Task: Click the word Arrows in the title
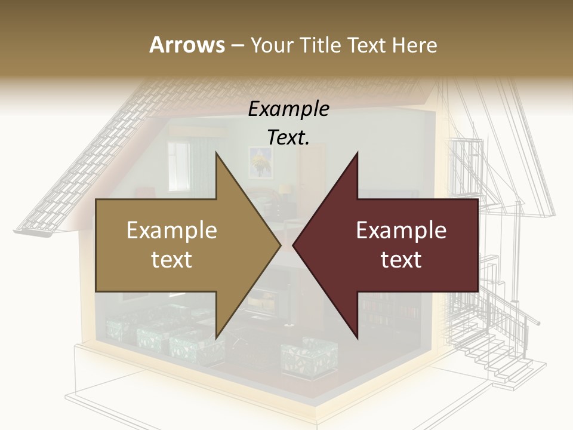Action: click(187, 45)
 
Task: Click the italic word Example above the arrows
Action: click(288, 109)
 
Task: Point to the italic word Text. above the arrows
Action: click(288, 138)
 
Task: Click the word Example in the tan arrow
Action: click(171, 231)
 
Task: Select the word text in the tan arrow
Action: click(171, 260)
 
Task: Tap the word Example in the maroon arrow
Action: click(401, 231)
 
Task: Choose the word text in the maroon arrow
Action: click(401, 260)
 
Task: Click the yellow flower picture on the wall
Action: click(260, 161)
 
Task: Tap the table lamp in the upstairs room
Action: click(286, 190)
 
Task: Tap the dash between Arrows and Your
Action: click(236, 45)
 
